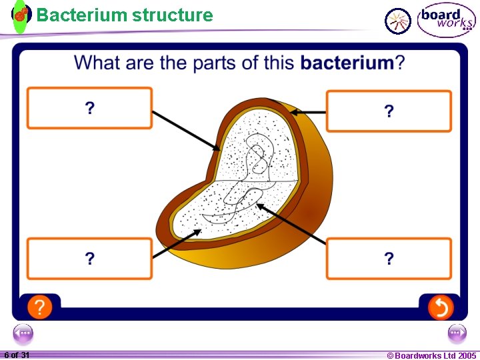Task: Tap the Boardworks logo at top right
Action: pyautogui.click(x=446, y=20)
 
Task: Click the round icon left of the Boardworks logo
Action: pyautogui.click(x=399, y=21)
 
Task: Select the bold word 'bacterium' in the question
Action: pyautogui.click(x=347, y=63)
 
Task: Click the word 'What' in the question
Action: pyautogui.click(x=96, y=63)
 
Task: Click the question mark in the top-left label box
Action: pyautogui.click(x=89, y=108)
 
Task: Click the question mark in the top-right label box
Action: pyautogui.click(x=389, y=111)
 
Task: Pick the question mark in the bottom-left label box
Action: pyautogui.click(x=89, y=259)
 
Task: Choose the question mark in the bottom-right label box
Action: pyautogui.click(x=389, y=259)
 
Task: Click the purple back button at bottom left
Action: pyautogui.click(x=23, y=332)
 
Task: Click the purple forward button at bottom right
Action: pyautogui.click(x=457, y=332)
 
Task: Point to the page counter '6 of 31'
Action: pyautogui.click(x=17, y=355)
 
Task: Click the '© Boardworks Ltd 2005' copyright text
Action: pyautogui.click(x=431, y=355)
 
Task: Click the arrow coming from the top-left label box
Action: pyautogui.click(x=186, y=130)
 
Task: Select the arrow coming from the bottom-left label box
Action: pyautogui.click(x=177, y=243)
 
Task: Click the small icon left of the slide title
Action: pyautogui.click(x=21, y=15)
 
